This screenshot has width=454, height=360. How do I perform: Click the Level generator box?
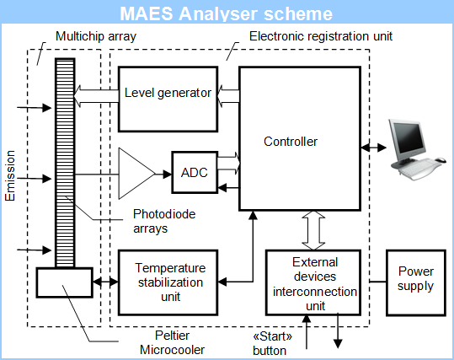168,99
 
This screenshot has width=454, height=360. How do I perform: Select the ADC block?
195,172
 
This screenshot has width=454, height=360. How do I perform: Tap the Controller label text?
291,142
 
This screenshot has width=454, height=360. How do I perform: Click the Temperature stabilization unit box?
168,282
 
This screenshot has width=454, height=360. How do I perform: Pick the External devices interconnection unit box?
313,282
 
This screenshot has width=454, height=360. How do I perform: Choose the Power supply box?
416,282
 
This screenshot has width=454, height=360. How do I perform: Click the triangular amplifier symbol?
136,174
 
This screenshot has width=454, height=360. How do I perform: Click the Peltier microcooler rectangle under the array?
65,282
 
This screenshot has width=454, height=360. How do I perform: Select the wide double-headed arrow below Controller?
313,230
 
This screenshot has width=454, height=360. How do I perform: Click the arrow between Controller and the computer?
373,148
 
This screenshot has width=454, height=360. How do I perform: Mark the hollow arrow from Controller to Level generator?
228,96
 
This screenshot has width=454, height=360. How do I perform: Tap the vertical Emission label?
10,175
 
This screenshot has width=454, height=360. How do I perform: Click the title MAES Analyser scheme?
226,13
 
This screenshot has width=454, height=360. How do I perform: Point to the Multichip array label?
96,36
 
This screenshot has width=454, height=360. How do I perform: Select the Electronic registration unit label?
321,36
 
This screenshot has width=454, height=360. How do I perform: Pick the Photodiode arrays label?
164,221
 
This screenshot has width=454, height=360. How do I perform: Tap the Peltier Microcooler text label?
173,342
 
